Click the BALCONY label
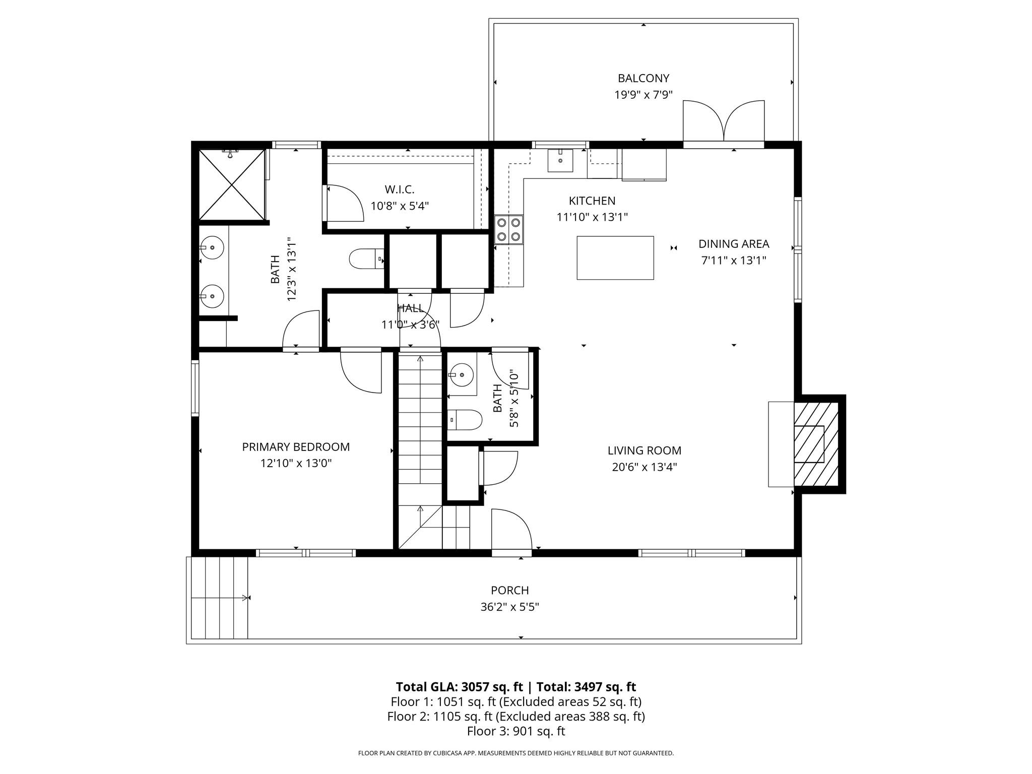tap(643, 78)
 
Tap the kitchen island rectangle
tap(615, 257)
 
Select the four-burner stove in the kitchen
tap(508, 229)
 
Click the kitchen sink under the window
tap(560, 160)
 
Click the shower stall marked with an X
tap(232, 184)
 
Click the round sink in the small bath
tap(461, 375)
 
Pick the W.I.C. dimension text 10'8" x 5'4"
tap(400, 206)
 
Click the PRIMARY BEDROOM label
tap(296, 446)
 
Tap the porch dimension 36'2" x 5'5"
tap(509, 607)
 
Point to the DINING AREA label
tap(733, 244)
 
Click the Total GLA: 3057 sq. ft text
tap(459, 687)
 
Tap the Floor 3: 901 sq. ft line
tap(515, 731)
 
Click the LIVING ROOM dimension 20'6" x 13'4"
tap(644, 467)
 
